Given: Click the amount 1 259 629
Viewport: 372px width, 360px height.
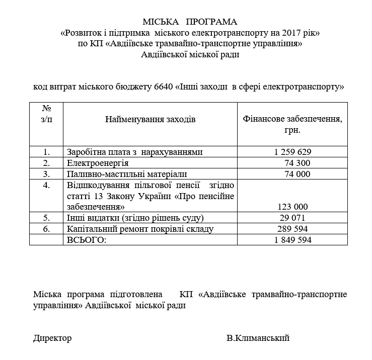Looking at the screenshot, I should pos(293,152).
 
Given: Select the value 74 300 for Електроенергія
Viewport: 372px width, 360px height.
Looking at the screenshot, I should pos(296,163).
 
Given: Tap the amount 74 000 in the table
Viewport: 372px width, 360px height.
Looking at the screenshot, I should pos(296,174).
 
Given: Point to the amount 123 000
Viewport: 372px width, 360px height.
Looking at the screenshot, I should pos(292,207).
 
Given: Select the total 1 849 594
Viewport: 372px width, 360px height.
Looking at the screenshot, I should pos(293,240).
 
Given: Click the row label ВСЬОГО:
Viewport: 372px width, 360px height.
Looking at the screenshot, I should pos(87,240).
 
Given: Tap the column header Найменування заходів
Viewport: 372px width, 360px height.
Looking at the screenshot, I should pos(150,119).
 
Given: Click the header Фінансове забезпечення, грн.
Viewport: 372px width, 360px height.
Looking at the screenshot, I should pos(292,124).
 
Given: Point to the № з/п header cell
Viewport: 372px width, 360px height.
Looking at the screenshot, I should pos(46,114).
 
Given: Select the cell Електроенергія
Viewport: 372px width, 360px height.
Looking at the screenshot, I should pos(98,163).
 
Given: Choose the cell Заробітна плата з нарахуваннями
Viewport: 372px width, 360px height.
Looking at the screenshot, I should pos(134,152).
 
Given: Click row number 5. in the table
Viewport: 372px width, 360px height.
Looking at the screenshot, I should pos(47,218).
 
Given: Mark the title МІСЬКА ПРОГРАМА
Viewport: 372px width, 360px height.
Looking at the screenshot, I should pos(190,22).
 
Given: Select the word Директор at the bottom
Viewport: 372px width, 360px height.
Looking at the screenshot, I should pos(52,338).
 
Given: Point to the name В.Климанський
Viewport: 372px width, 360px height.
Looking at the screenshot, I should pos(258,338).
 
